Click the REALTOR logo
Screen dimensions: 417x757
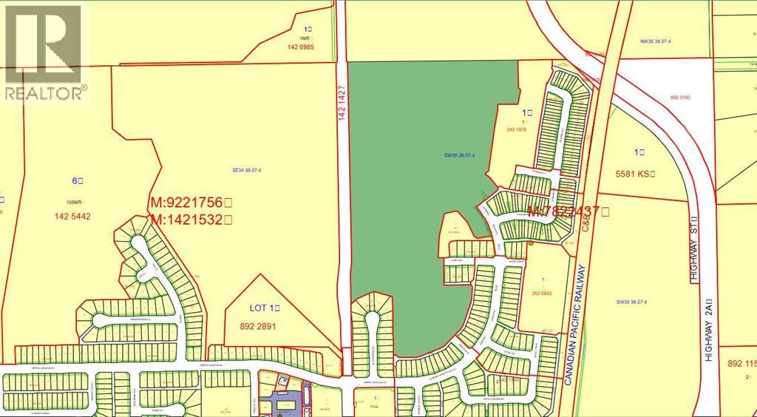coord(44,52)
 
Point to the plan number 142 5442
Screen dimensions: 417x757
coord(72,217)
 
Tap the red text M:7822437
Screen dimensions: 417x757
coord(568,211)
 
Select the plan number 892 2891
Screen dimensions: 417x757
coord(255,325)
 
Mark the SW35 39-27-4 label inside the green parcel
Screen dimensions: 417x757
coord(459,155)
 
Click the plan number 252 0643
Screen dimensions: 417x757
coord(547,293)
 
